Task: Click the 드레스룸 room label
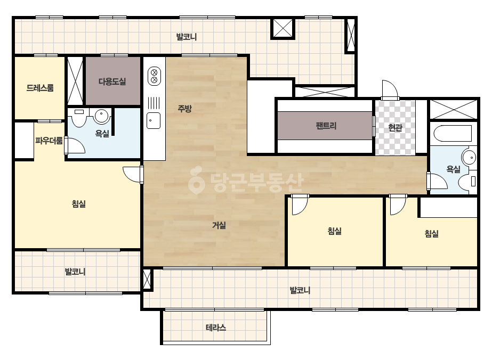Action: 40,88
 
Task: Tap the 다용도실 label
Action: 112,81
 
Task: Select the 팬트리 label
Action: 326,126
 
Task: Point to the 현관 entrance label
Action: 395,128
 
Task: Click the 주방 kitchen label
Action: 184,109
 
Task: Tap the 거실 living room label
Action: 219,225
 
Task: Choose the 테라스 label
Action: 216,328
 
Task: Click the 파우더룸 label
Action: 49,141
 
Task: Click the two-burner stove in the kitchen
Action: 154,76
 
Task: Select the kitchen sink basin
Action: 154,121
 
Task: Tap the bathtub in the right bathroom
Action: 453,134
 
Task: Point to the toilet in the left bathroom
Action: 79,118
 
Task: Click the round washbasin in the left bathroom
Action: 101,116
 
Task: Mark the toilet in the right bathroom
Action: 467,181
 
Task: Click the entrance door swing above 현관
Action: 390,90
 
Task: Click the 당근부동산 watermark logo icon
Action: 196,181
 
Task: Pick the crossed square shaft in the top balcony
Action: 283,29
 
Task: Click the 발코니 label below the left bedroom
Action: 75,272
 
